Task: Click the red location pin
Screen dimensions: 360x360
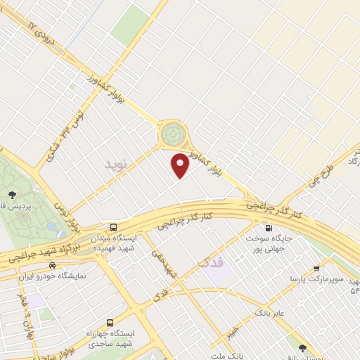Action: [181, 165]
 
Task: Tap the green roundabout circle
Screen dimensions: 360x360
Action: [171, 134]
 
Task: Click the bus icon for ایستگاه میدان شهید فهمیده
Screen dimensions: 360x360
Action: [113, 227]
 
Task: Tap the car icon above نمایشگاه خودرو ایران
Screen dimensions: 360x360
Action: [53, 266]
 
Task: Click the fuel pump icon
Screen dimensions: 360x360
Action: [268, 228]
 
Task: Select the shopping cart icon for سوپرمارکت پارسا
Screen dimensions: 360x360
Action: [316, 268]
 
